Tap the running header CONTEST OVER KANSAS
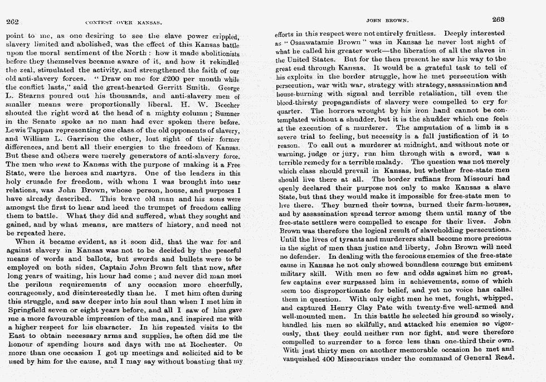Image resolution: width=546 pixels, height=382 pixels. [123, 23]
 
